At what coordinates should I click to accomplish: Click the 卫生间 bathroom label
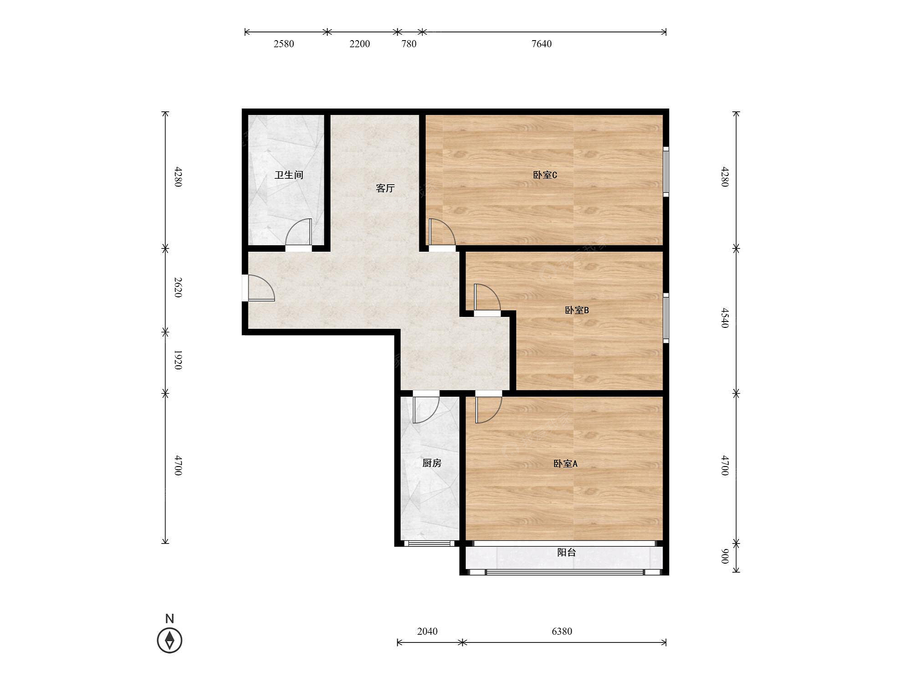pyautogui.click(x=289, y=175)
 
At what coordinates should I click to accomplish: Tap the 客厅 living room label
pyautogui.click(x=385, y=188)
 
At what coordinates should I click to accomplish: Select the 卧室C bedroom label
pyautogui.click(x=545, y=175)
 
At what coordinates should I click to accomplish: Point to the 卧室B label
pyautogui.click(x=577, y=310)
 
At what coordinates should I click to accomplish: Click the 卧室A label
pyautogui.click(x=565, y=463)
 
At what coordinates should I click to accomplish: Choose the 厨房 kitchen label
pyautogui.click(x=431, y=463)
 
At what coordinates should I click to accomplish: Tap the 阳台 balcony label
pyautogui.click(x=566, y=552)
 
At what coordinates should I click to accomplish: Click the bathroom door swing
pyautogui.click(x=299, y=233)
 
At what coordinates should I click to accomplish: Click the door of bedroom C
pyautogui.click(x=442, y=233)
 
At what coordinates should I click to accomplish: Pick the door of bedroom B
pyautogui.click(x=487, y=298)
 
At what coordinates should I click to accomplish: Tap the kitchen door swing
pyautogui.click(x=426, y=409)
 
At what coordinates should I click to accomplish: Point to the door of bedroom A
pyautogui.click(x=488, y=409)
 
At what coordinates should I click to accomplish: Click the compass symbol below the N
pyautogui.click(x=169, y=640)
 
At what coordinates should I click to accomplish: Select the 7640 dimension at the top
pyautogui.click(x=542, y=44)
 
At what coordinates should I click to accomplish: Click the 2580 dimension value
pyautogui.click(x=283, y=44)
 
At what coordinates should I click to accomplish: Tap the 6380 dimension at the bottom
pyautogui.click(x=562, y=631)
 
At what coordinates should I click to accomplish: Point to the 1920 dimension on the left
pyautogui.click(x=178, y=360)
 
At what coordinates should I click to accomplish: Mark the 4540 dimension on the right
pyautogui.click(x=725, y=318)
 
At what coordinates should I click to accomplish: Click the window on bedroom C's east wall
pyautogui.click(x=665, y=172)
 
